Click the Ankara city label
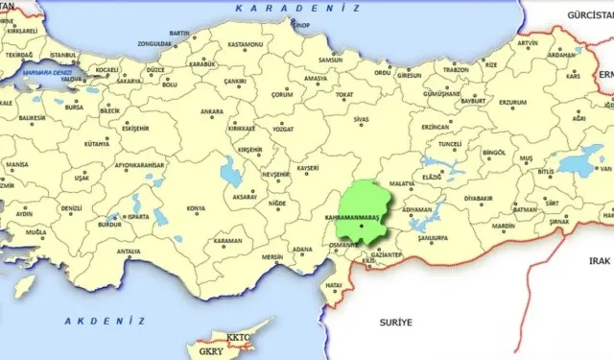point(212,111)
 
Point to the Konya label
point(196,208)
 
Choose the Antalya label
point(129,252)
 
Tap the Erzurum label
point(510,103)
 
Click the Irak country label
point(600,260)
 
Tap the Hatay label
point(335,285)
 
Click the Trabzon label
point(456,69)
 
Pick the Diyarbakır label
point(478,198)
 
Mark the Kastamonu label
point(245,45)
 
